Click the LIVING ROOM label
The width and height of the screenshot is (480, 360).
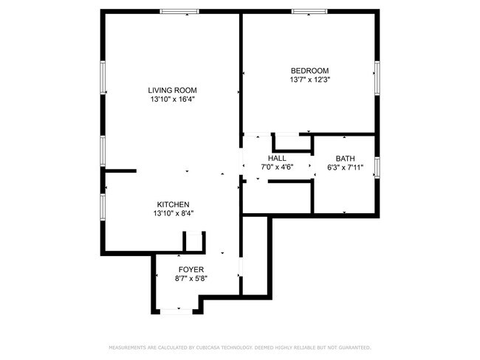click(173, 90)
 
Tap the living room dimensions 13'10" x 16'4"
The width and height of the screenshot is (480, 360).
click(173, 99)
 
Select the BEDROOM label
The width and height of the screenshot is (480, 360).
click(309, 71)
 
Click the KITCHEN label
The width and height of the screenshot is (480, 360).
click(174, 204)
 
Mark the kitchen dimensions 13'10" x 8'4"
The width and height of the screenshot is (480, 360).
click(174, 213)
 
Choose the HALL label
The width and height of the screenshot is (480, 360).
click(277, 159)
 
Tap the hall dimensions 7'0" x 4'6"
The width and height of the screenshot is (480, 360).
click(277, 167)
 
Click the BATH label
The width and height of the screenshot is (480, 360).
click(345, 159)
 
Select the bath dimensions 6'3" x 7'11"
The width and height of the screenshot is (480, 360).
click(345, 167)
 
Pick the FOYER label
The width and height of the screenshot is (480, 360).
click(191, 270)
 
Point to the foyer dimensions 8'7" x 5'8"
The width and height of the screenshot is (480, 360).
click(191, 279)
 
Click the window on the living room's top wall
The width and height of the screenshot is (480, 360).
click(179, 12)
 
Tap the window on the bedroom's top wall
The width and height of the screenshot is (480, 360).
click(309, 12)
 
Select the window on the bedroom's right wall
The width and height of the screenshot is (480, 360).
click(377, 78)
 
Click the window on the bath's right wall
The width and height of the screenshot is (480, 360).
click(377, 167)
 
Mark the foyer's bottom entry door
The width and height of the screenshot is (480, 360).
click(177, 311)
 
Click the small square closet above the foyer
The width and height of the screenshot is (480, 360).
click(193, 242)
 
